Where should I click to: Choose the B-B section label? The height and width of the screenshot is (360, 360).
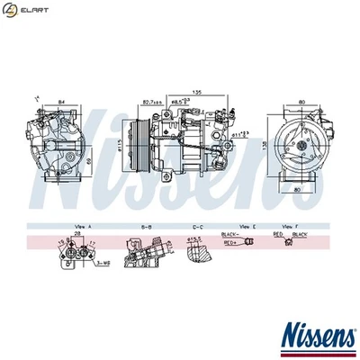(145, 225)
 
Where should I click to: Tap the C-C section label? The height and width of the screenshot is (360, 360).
(197, 225)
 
